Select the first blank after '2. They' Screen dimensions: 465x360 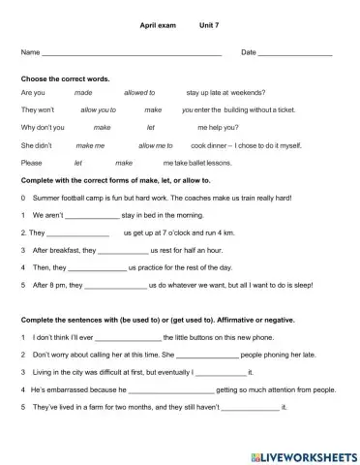click(77, 233)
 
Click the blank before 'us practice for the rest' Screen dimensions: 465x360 click(98, 268)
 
